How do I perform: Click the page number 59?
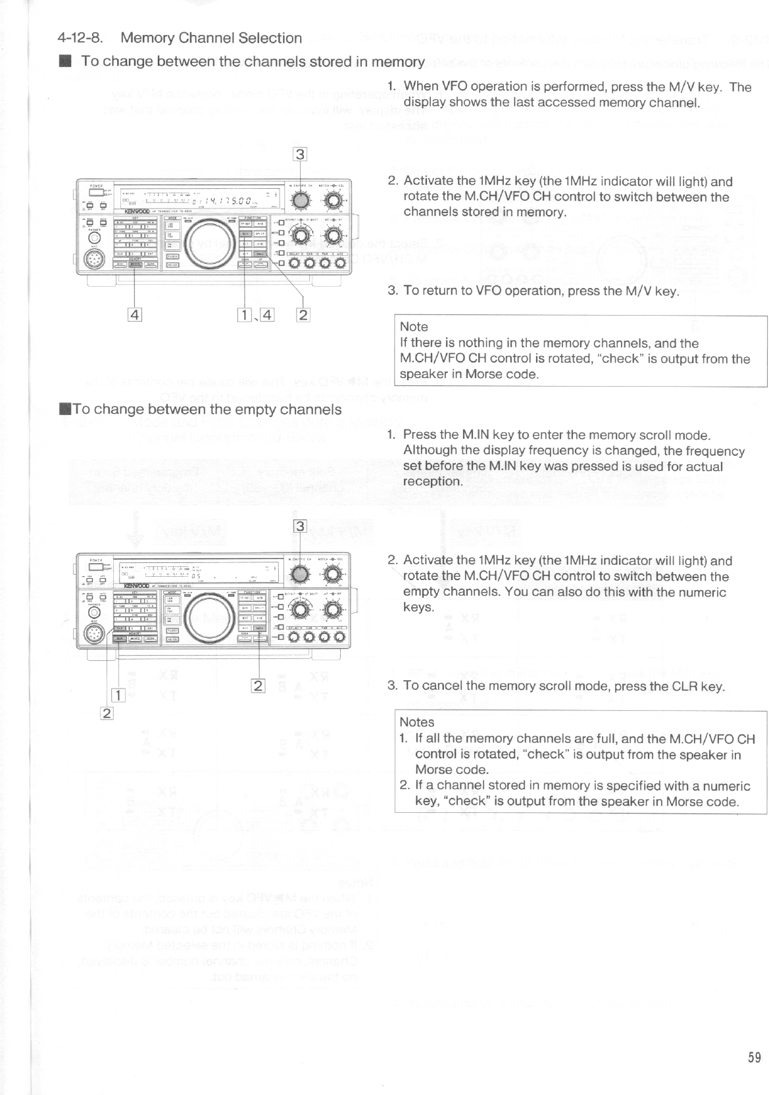click(x=754, y=1058)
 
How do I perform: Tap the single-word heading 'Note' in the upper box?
click(x=414, y=327)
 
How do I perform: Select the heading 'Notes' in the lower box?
click(x=416, y=722)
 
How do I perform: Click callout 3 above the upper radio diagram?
click(x=300, y=155)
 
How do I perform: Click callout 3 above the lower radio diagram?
click(x=300, y=526)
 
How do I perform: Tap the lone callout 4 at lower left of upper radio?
click(x=134, y=315)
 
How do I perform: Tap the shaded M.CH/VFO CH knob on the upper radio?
click(x=301, y=201)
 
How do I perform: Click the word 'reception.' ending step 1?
click(x=432, y=481)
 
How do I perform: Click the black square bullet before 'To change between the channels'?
click(x=64, y=62)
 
